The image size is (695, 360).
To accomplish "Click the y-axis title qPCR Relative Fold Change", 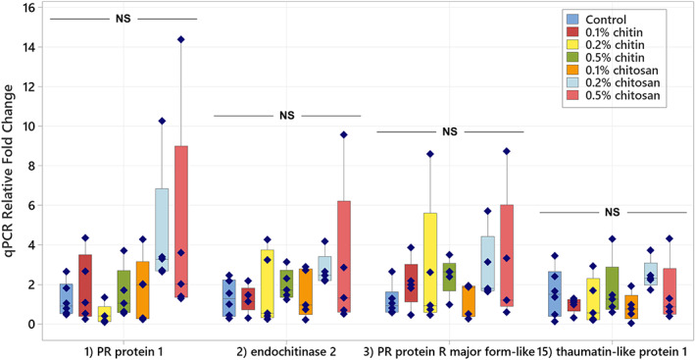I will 10,167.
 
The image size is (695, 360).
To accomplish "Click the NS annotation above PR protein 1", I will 124,18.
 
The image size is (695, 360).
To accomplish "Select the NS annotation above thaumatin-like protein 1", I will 613,211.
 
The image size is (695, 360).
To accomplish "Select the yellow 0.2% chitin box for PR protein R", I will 430,262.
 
